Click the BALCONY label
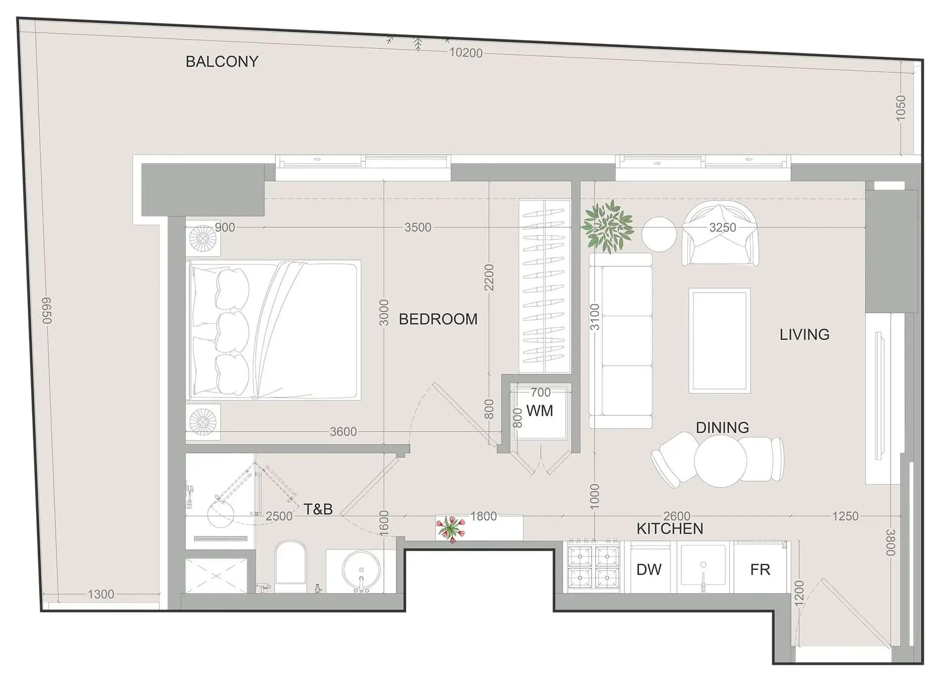[x=222, y=61]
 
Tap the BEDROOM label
[x=438, y=319]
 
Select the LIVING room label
[x=805, y=335]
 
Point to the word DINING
[x=722, y=428]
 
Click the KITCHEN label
[x=670, y=529]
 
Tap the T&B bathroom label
[x=318, y=509]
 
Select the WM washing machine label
[x=539, y=411]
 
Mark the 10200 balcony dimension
[x=466, y=53]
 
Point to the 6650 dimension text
[x=47, y=310]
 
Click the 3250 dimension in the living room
[x=722, y=227]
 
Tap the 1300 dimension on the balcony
[x=101, y=594]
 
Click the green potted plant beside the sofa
[x=608, y=226]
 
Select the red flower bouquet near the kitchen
[x=451, y=528]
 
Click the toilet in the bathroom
[x=290, y=566]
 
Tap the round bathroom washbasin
[x=361, y=570]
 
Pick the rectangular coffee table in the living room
[x=719, y=341]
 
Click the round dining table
[x=720, y=461]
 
